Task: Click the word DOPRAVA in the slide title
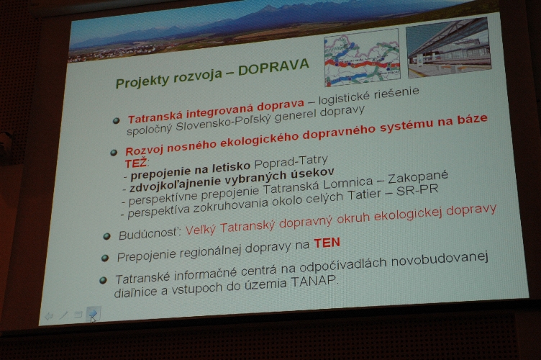click(273, 67)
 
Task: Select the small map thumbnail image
click(362, 58)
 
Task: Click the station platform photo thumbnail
click(448, 47)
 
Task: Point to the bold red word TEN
click(327, 243)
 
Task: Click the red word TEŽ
click(136, 163)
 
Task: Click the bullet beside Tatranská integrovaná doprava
click(117, 120)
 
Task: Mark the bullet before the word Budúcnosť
click(106, 236)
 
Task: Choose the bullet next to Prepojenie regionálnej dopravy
click(105, 258)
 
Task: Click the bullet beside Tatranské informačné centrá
click(103, 280)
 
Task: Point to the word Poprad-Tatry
click(291, 161)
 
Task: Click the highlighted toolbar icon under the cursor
click(93, 313)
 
